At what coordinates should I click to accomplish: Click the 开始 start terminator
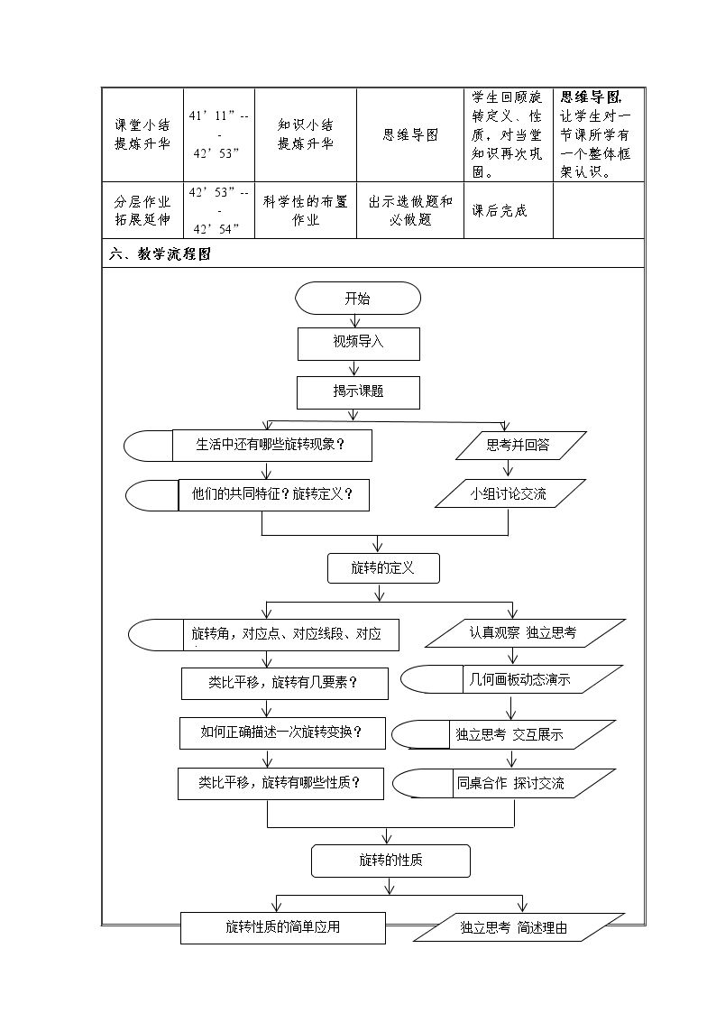pos(358,298)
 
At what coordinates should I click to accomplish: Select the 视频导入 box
pos(358,344)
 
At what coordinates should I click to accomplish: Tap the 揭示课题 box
pos(358,392)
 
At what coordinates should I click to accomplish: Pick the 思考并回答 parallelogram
pos(520,445)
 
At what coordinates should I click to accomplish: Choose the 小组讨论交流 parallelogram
pos(510,493)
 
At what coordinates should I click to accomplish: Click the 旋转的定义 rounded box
pos(383,568)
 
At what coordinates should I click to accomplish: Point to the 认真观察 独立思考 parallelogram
pos(525,633)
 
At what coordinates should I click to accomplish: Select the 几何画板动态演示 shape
pos(511,679)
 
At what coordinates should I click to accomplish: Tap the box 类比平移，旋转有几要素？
pos(285,684)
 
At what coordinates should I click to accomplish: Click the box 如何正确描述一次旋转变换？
pos(283,732)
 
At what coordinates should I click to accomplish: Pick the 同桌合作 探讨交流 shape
pos(504,784)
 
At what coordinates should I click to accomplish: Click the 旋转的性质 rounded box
pos(390,861)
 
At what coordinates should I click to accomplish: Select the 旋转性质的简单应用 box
pos(283,927)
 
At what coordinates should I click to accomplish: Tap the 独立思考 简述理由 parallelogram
pos(519,927)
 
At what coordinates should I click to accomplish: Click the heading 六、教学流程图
pos(161,253)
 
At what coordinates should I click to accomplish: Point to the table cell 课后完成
pos(500,210)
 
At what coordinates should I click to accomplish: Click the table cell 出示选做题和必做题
pos(410,210)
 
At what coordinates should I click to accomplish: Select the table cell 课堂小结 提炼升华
pos(142,134)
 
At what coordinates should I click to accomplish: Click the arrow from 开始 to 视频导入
pos(353,321)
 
